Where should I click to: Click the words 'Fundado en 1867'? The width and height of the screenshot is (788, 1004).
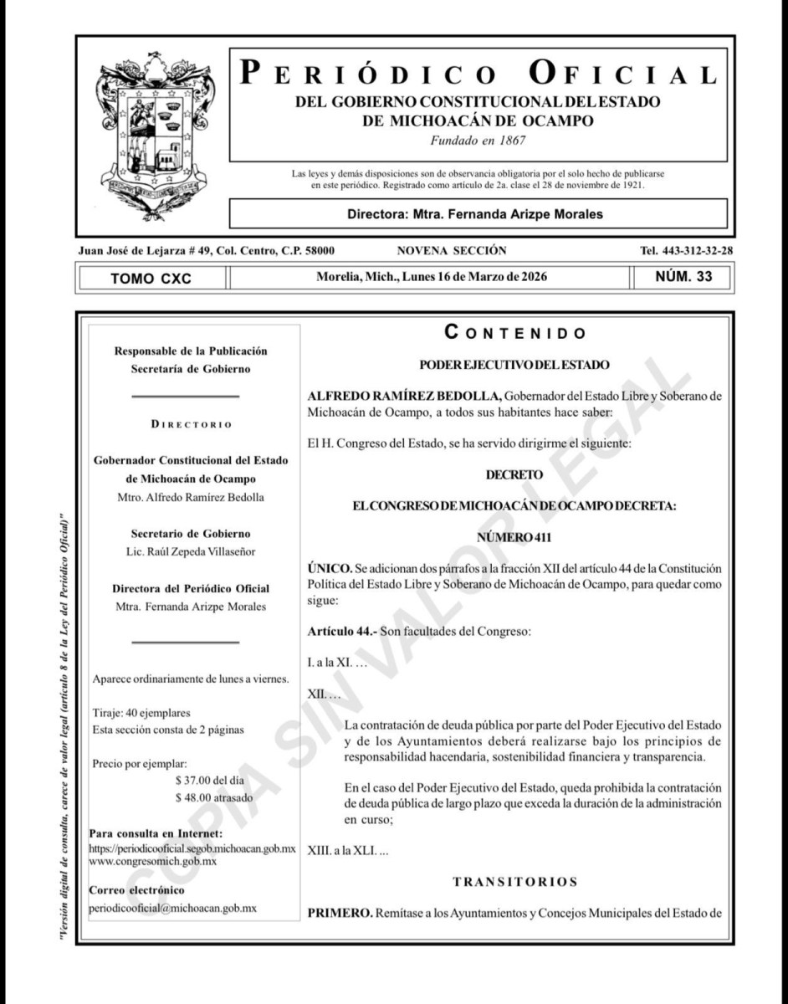coord(478,140)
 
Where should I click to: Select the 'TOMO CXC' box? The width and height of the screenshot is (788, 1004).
coord(151,278)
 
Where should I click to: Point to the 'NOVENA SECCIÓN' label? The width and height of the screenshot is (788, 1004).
coord(452,250)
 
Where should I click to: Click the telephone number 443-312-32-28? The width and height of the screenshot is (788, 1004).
coord(686,250)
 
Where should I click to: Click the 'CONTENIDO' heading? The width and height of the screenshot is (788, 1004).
coord(515,333)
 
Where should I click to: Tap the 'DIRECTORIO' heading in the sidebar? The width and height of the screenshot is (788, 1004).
coord(192,424)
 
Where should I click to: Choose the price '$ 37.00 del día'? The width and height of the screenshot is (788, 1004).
coord(214,780)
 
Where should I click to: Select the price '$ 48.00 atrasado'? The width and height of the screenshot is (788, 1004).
coord(214,797)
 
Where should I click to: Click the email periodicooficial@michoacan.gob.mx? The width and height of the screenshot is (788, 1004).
coord(172,908)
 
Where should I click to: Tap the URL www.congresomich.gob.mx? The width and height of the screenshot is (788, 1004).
coord(153,860)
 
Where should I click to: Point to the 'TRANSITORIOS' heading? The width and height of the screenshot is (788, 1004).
coord(514,881)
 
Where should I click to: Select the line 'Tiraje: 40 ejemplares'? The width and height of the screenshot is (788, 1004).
coord(141,713)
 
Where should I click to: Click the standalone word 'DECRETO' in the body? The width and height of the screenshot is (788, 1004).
coord(514,474)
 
